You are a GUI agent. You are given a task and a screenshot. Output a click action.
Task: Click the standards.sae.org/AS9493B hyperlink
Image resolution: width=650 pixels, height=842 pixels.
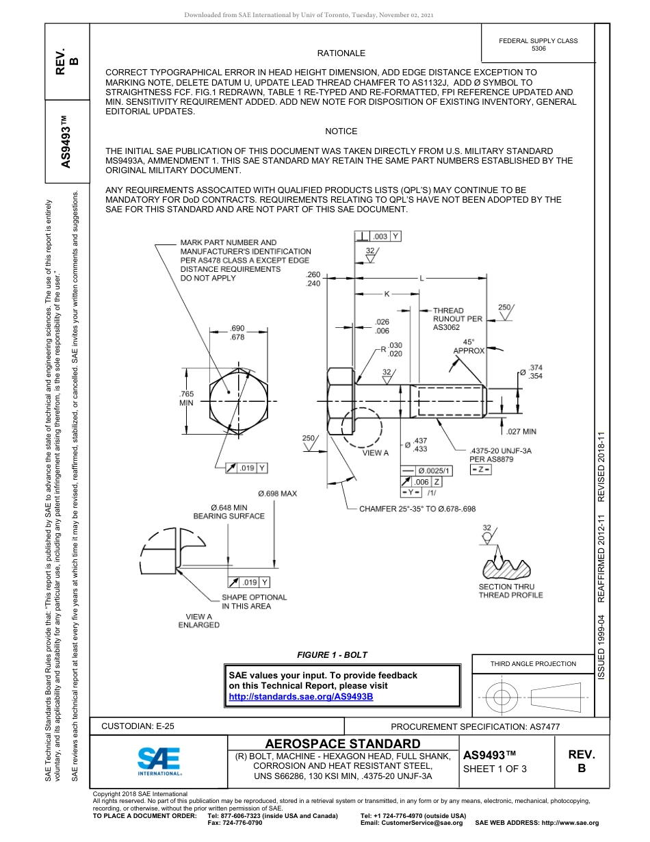pos(300,696)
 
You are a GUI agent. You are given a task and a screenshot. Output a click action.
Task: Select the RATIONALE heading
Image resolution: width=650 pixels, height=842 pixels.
pos(341,53)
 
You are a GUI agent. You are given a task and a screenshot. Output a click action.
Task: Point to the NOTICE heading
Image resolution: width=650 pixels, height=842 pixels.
pos(341,131)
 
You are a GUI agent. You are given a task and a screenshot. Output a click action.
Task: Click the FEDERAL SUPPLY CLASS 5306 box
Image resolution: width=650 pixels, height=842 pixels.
pos(538,44)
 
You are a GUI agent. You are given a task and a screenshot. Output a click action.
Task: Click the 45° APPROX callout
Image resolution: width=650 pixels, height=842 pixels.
pos(469,346)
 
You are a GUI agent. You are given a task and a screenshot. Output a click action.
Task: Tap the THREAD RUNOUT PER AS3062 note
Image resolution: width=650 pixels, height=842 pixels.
pos(457,319)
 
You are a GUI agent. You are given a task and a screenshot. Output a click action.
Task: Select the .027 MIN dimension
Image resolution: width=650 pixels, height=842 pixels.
pos(521,432)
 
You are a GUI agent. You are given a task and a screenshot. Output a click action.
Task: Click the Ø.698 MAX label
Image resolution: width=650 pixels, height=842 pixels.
pos(277,494)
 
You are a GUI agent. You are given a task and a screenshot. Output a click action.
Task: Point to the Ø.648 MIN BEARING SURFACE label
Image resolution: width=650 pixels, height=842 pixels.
pos(229,512)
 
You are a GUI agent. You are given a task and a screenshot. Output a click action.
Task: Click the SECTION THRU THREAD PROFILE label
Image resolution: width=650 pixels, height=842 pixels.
pos(510,591)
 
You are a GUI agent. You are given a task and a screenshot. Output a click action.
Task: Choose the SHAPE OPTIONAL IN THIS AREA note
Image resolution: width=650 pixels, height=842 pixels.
pos(254,602)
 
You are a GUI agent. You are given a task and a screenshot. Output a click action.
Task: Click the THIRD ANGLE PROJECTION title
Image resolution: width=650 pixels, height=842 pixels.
pos(533,663)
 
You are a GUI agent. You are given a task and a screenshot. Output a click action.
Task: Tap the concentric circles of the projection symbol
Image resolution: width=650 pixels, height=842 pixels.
pos(502,698)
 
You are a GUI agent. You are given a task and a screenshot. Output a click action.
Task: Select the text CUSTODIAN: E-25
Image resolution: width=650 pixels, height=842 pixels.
pos(142,726)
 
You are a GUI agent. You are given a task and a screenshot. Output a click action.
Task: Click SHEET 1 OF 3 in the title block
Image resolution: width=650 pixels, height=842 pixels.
pos(495,768)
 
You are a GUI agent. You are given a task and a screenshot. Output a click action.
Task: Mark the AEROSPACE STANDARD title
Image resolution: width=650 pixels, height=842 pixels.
pos(343,744)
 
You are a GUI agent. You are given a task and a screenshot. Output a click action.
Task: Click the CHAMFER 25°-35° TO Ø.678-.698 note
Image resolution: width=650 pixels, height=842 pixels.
pos(417,509)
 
